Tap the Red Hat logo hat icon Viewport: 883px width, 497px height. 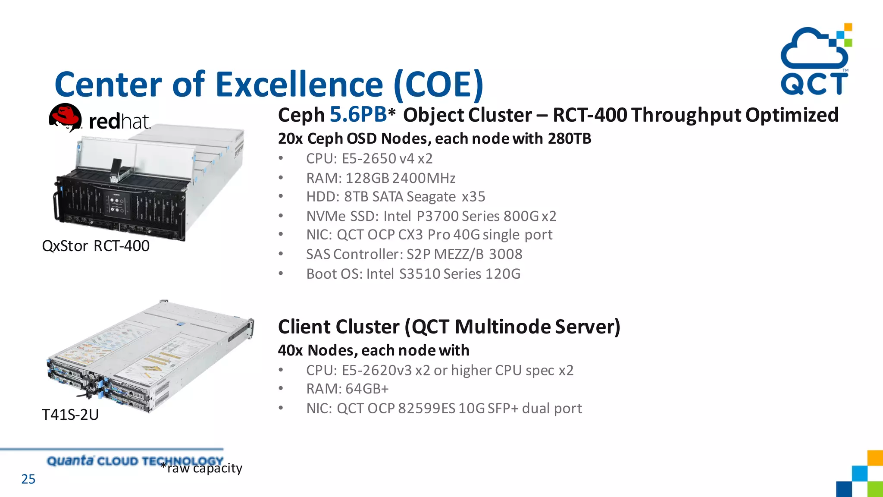65,116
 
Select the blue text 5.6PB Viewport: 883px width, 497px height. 358,115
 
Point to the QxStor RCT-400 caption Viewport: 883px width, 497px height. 96,246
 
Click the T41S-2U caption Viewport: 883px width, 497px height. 70,415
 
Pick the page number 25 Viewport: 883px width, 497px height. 28,479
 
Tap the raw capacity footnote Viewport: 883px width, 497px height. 202,468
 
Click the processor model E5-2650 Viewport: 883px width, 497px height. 369,159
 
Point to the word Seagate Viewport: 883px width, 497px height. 431,197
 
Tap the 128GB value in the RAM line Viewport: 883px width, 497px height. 367,178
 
